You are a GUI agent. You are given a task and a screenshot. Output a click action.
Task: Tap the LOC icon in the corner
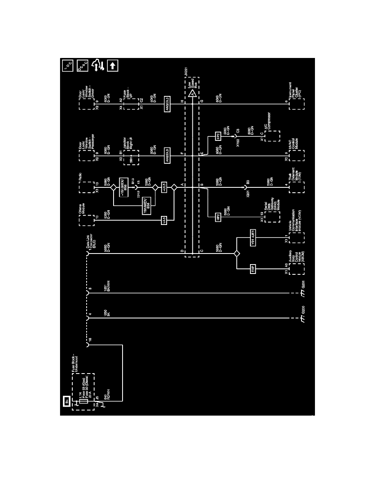pos(67,65)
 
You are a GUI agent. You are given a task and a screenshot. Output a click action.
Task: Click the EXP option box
pos(252,269)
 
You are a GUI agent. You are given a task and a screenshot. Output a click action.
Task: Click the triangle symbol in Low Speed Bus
pos(191,93)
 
